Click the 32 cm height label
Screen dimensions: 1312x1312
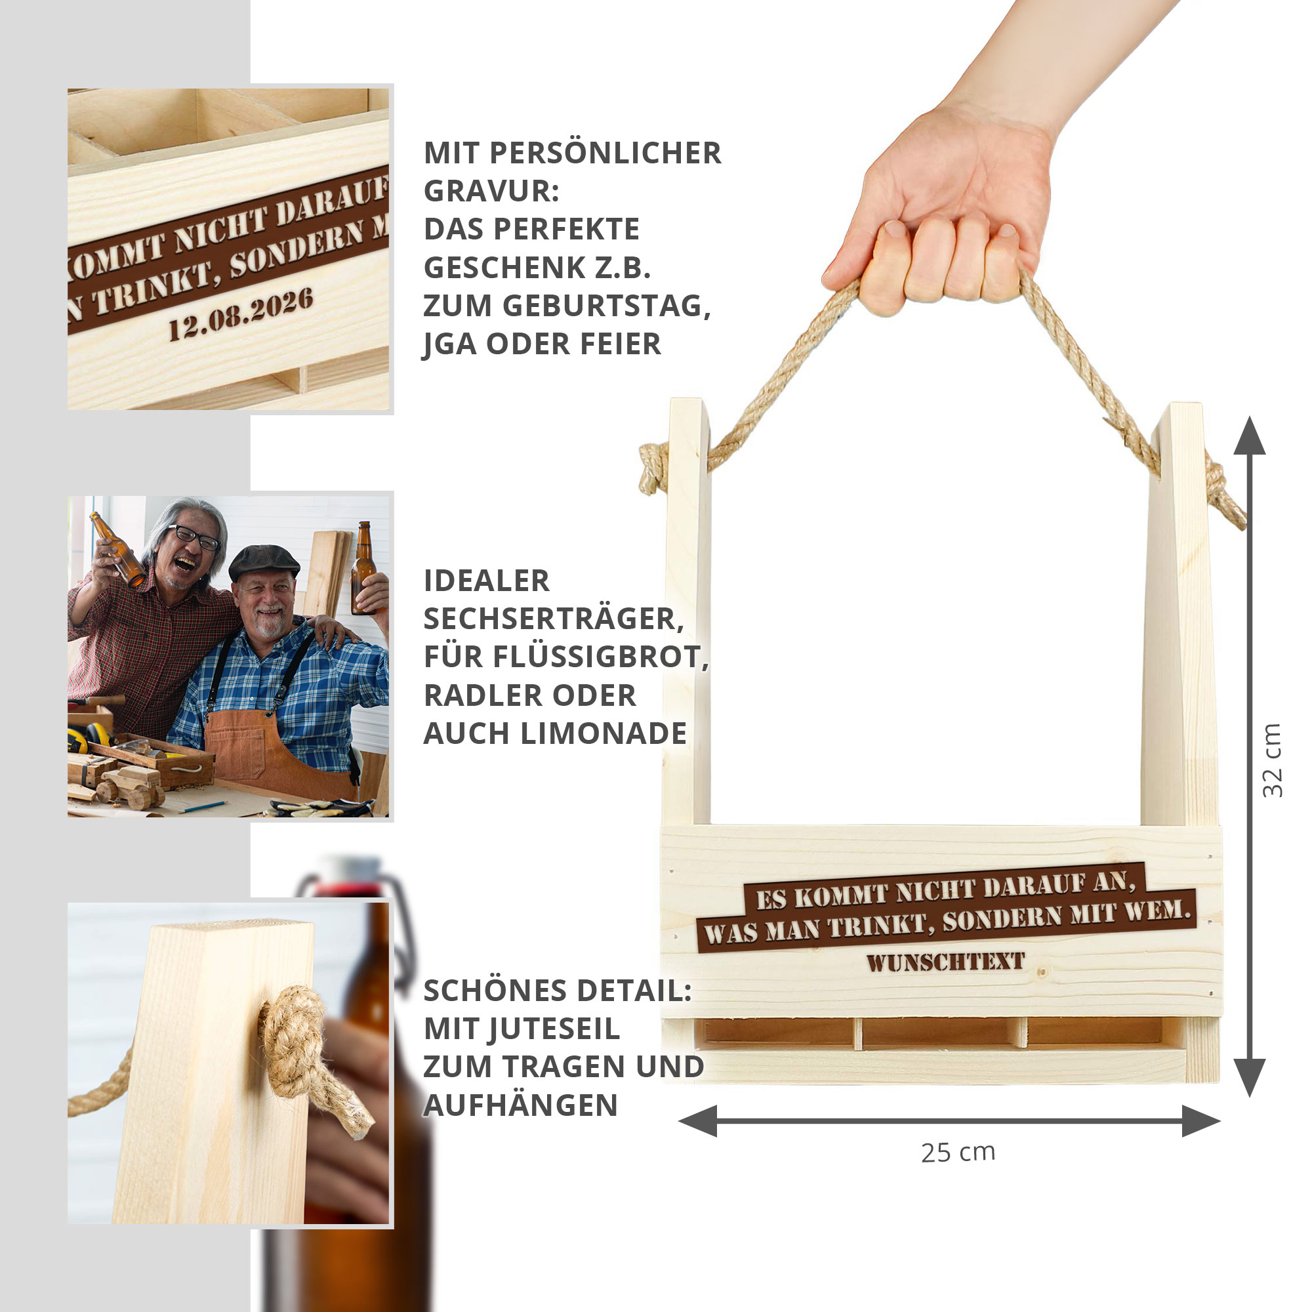(x=1273, y=760)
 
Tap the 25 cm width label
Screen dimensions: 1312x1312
(x=958, y=1153)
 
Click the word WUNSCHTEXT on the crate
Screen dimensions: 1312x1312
(x=946, y=962)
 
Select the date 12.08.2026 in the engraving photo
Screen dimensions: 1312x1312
(x=241, y=314)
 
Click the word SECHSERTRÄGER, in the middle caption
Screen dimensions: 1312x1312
(x=554, y=619)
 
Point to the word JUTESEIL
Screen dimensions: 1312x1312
(x=522, y=1029)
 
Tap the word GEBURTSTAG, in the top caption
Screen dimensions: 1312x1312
(x=606, y=306)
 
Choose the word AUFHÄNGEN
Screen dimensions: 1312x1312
(x=520, y=1105)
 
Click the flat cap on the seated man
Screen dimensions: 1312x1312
(x=264, y=561)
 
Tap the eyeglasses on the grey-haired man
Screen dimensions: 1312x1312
(x=194, y=537)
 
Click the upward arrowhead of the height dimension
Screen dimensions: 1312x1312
(x=1249, y=436)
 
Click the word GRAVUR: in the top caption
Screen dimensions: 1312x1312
(x=491, y=192)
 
